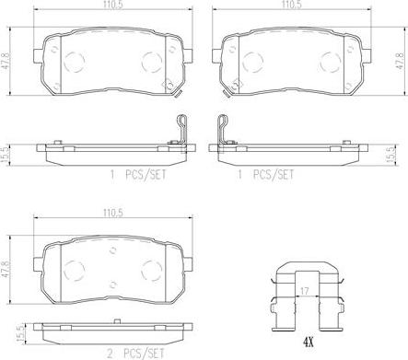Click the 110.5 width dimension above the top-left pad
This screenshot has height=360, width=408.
tap(113, 5)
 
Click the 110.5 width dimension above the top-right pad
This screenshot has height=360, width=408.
tap(292, 5)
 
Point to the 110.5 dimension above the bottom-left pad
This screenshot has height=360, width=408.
tap(113, 213)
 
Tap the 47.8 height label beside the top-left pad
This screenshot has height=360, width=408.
tap(6, 62)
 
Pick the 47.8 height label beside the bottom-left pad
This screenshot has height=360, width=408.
tap(6, 270)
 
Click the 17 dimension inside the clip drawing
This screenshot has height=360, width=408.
tap(305, 291)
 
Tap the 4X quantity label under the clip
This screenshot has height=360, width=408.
tap(308, 341)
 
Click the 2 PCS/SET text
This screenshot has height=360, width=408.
tap(135, 354)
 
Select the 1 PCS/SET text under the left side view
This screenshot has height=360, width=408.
tap(138, 175)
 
